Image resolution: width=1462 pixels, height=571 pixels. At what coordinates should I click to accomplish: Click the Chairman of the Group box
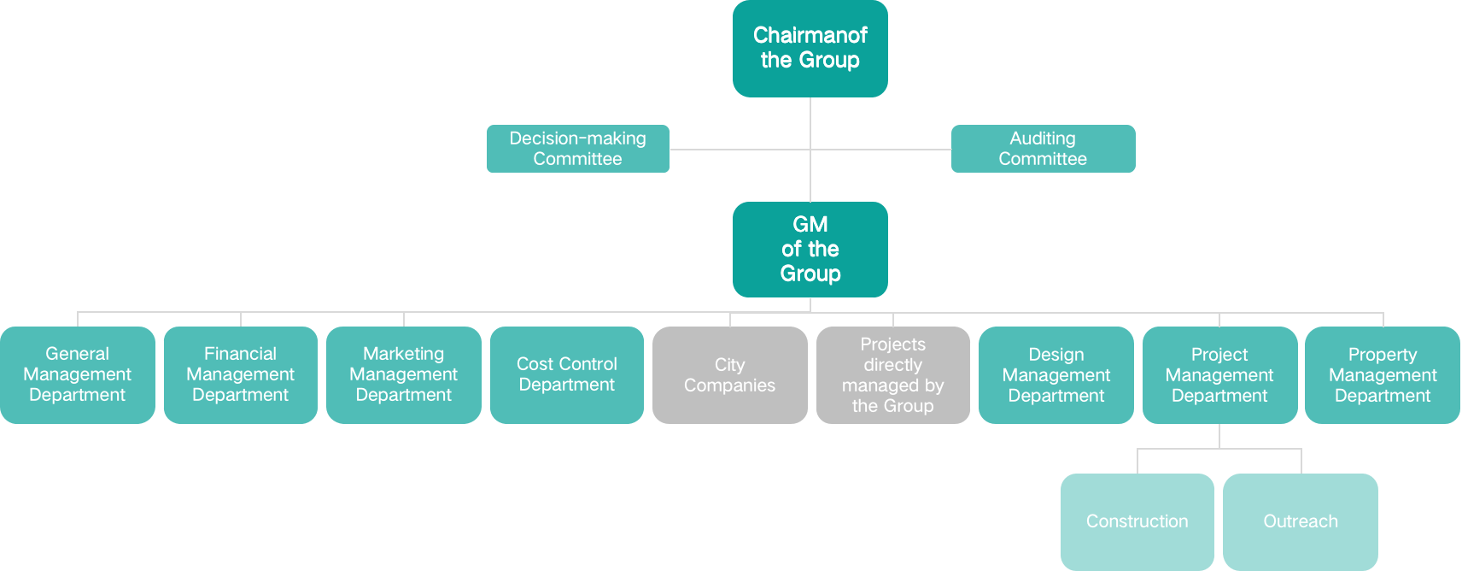point(810,48)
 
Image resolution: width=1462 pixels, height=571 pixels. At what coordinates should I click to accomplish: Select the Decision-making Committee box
point(577,149)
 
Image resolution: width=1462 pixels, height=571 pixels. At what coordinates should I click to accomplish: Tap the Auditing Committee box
point(1043,149)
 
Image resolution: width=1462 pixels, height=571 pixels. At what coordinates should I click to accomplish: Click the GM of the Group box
point(810,249)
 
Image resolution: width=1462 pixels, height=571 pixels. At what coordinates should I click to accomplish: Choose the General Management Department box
point(77,374)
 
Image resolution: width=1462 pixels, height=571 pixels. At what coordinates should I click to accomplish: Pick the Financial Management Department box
point(240,374)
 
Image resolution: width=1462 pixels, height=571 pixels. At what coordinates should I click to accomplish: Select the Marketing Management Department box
point(403,374)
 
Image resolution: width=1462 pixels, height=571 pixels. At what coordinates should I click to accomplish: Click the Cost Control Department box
point(566,374)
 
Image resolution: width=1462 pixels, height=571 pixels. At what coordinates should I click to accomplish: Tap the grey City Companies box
point(729,374)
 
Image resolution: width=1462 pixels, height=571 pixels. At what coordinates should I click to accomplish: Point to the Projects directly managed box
point(892,374)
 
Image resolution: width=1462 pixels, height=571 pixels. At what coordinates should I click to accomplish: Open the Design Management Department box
point(1056,374)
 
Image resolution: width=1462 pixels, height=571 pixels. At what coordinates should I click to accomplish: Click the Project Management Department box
point(1219,374)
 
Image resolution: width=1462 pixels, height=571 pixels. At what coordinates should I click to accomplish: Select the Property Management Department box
point(1382,374)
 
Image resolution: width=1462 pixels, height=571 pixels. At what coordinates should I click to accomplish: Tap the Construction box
point(1137,521)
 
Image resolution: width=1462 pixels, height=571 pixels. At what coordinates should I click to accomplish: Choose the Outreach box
point(1300,521)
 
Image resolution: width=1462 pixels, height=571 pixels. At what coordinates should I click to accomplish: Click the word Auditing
point(1042,138)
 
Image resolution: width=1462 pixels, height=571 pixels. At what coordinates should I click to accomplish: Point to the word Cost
point(535,364)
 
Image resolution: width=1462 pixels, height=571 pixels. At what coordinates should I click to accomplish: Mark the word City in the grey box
point(729,365)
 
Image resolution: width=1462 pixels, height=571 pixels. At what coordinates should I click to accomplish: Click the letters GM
point(810,224)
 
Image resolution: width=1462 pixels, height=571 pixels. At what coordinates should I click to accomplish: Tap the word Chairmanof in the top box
point(810,35)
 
